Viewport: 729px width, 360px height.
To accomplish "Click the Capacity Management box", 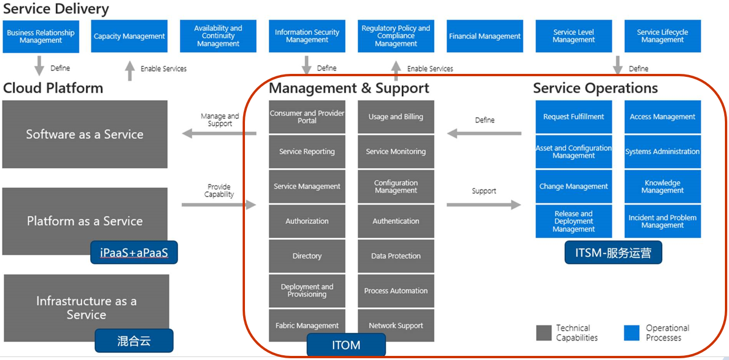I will [130, 36].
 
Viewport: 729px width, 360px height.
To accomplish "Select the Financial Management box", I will [485, 36].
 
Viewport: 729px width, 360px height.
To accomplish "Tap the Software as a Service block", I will [85, 134].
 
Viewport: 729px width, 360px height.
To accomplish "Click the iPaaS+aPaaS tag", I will [134, 253].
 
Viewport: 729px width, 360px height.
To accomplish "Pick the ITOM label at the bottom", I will [346, 345].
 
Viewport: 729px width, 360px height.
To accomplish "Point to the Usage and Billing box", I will [396, 117].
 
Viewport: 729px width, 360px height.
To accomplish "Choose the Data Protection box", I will [396, 256].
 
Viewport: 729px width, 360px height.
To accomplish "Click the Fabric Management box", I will [307, 325].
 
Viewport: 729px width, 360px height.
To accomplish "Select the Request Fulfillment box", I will [573, 117].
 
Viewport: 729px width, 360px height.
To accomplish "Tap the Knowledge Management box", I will [662, 186].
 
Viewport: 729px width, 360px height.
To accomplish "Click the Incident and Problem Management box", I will [662, 221].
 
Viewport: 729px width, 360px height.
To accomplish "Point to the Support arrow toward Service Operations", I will [484, 205].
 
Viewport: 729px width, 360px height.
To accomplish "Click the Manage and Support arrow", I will [219, 134].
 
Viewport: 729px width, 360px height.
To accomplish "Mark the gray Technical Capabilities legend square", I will [544, 333].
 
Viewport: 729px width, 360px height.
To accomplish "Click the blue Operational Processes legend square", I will [631, 333].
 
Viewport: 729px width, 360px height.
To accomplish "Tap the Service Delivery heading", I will [56, 9].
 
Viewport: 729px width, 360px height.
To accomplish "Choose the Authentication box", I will [396, 221].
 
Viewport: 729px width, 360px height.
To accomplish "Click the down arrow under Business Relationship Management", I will [39, 66].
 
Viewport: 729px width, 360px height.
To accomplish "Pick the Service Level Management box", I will [573, 36].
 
